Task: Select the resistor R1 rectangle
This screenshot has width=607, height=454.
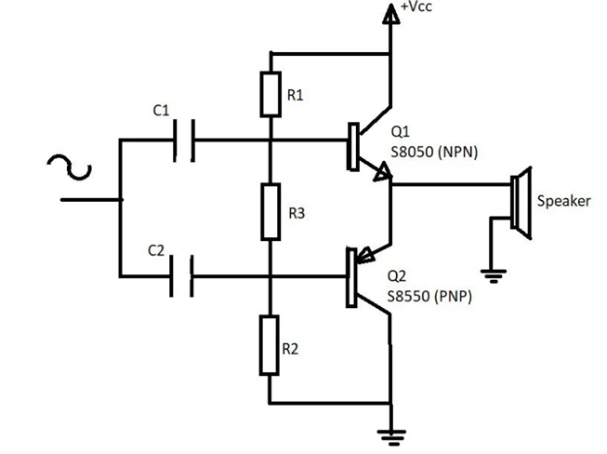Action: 270,93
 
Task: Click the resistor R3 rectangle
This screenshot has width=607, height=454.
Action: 270,211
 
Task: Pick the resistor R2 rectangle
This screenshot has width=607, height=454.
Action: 270,344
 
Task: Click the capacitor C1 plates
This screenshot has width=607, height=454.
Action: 184,141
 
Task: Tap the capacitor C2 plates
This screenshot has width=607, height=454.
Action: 182,276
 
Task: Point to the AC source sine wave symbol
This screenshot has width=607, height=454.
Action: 70,168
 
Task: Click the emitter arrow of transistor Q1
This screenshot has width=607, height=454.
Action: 379,174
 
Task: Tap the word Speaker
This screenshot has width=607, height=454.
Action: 563,201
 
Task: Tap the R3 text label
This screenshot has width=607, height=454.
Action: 298,213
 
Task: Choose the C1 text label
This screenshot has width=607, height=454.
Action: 160,111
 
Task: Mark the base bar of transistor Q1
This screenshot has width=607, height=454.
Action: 352,146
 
